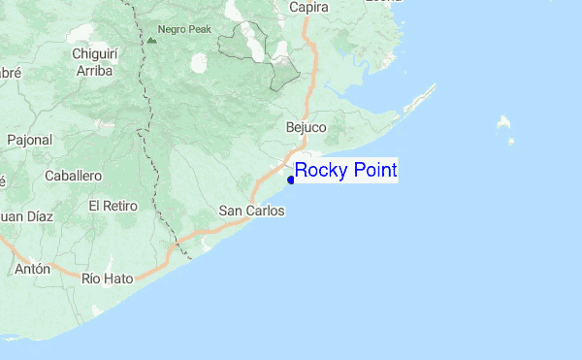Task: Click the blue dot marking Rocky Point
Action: tap(291, 179)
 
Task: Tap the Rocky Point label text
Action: tap(345, 171)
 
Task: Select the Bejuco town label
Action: tap(307, 127)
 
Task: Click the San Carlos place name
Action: tap(251, 211)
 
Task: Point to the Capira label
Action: tap(309, 8)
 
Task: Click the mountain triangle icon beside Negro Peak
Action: tap(151, 41)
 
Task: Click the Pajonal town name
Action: tap(29, 140)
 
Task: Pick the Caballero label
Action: tap(74, 176)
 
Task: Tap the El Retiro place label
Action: tap(113, 206)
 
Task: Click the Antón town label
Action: tap(32, 269)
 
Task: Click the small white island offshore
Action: tap(503, 123)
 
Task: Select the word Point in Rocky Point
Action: tap(369, 171)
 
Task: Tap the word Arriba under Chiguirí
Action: tap(94, 71)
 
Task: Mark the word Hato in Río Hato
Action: tap(117, 278)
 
